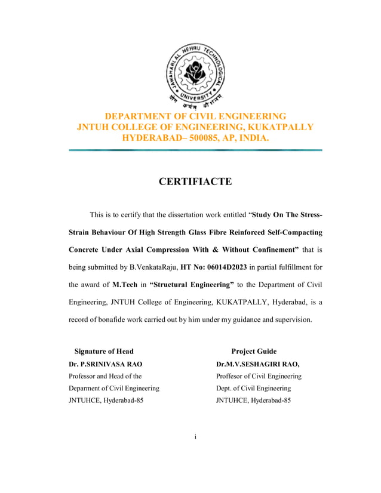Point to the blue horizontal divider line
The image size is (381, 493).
pyautogui.click(x=195, y=150)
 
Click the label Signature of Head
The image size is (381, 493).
pyautogui.click(x=103, y=352)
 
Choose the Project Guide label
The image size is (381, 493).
pyautogui.click(x=254, y=352)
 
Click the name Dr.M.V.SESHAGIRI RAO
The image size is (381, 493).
pyautogui.click(x=257, y=364)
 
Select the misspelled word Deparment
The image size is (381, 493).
pyautogui.click(x=87, y=388)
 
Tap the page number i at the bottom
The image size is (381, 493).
pyautogui.click(x=195, y=437)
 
